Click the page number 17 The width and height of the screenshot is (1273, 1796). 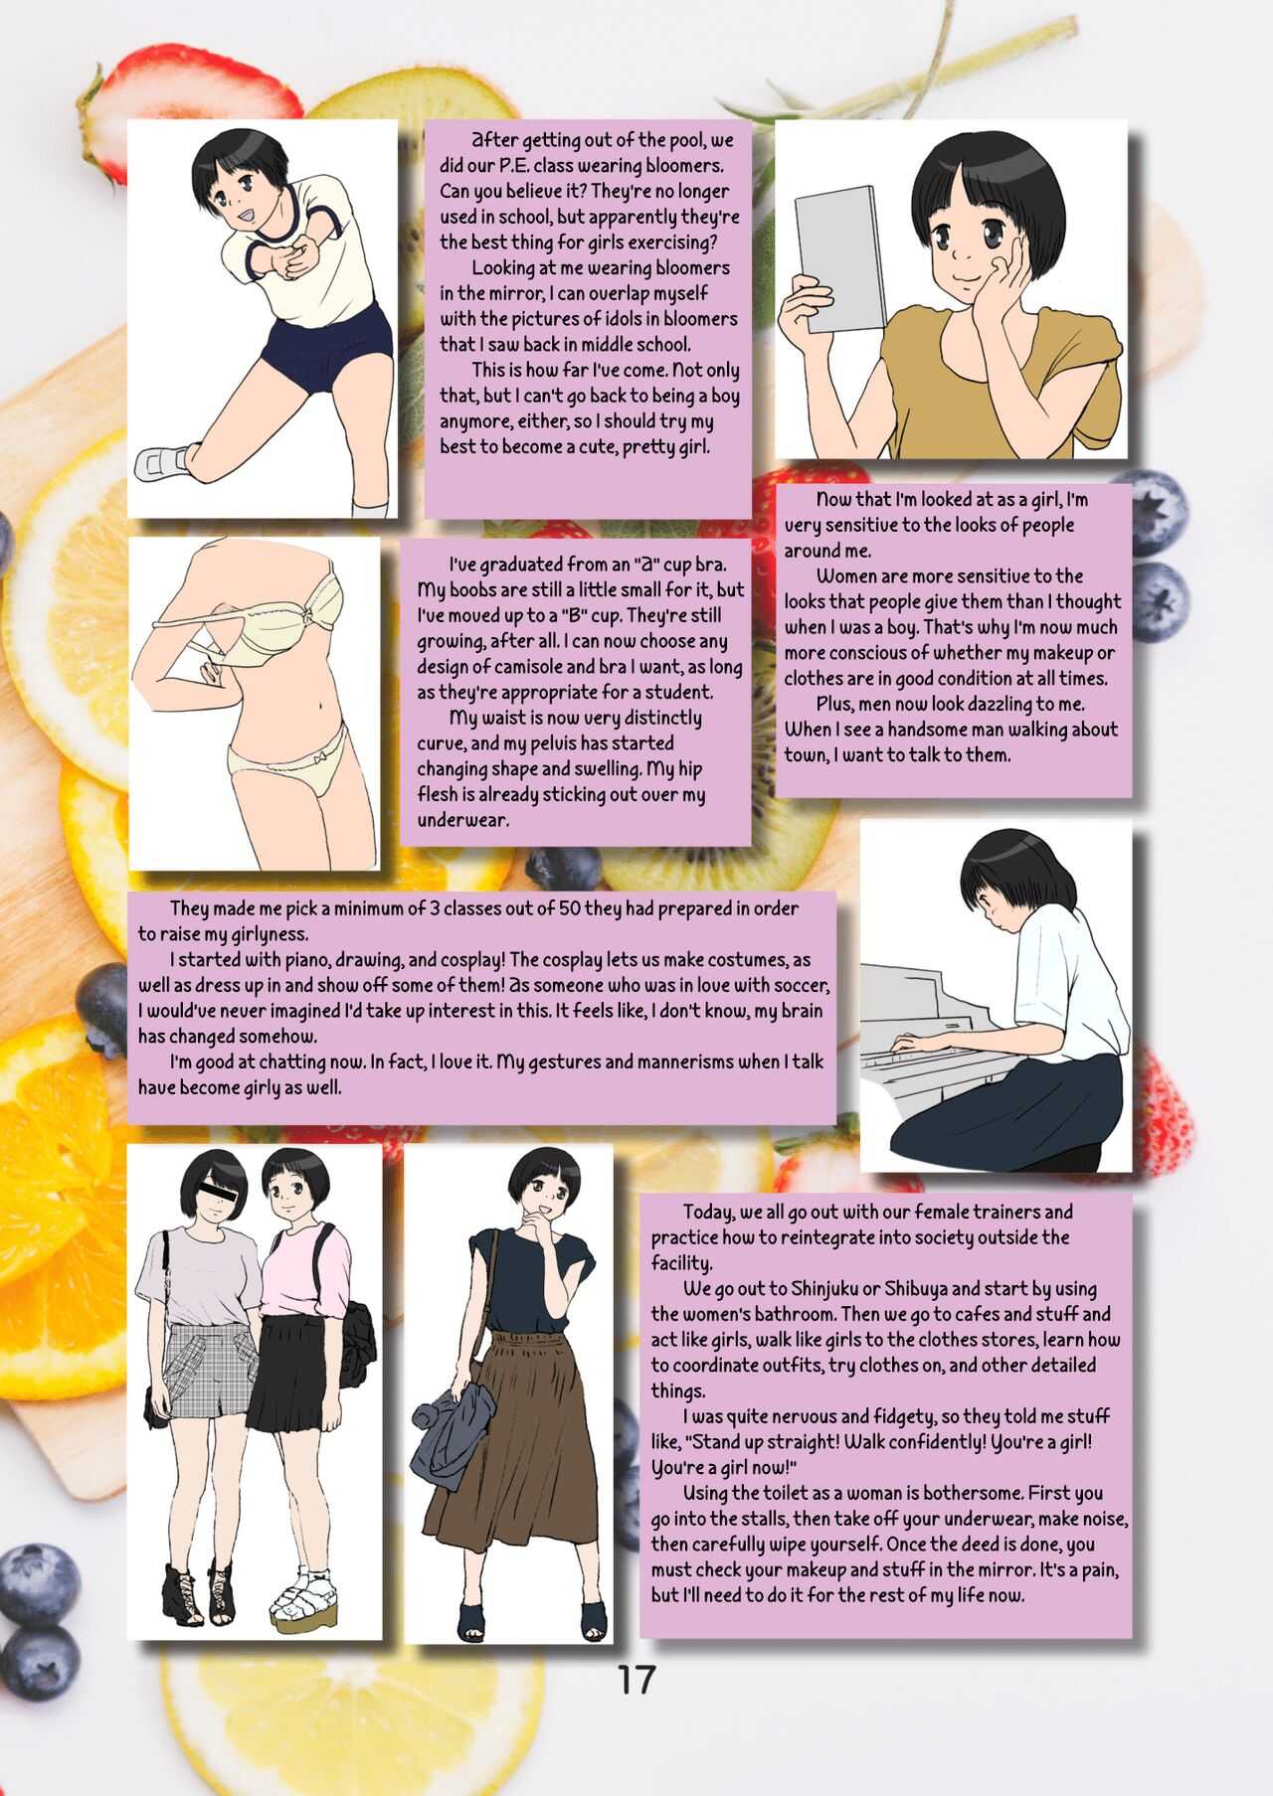tap(636, 1679)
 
